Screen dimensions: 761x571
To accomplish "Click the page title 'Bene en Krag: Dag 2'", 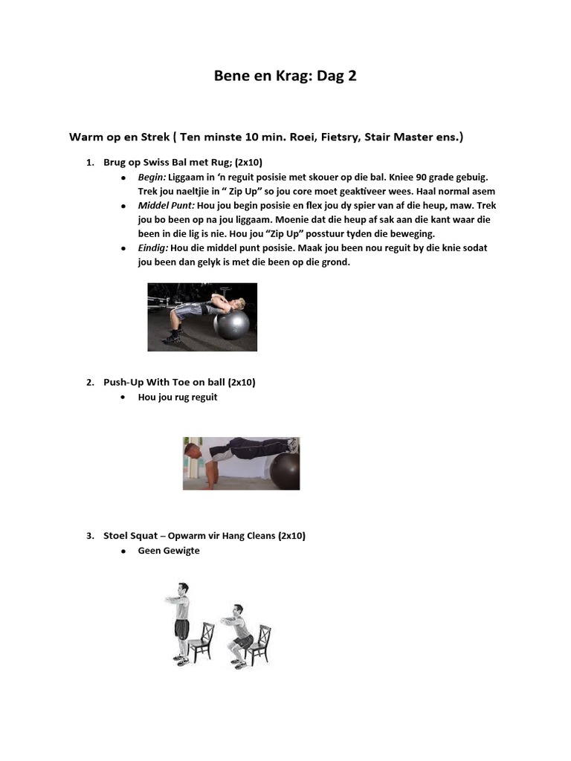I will click(285, 76).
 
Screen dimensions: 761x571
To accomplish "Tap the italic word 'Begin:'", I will click(152, 178).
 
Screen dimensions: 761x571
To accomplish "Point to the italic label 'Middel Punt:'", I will click(166, 206).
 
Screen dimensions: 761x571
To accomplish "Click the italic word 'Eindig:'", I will click(153, 248).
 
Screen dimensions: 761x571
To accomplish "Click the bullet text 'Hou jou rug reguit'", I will click(178, 398).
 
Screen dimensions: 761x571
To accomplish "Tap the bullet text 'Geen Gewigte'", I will click(169, 551).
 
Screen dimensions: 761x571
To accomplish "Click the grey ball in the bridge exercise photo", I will click(231, 324).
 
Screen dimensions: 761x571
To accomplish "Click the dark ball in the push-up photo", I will click(285, 470).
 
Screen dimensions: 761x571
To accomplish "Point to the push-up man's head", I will click(192, 451).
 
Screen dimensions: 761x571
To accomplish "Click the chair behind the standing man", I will click(201, 641).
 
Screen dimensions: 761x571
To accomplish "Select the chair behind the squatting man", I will click(259, 644).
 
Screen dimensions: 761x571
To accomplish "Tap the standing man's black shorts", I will click(182, 629).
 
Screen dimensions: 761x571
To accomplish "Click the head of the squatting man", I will click(237, 610).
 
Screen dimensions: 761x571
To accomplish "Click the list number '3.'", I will click(90, 535).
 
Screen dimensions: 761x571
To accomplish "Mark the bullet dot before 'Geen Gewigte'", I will click(123, 551).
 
